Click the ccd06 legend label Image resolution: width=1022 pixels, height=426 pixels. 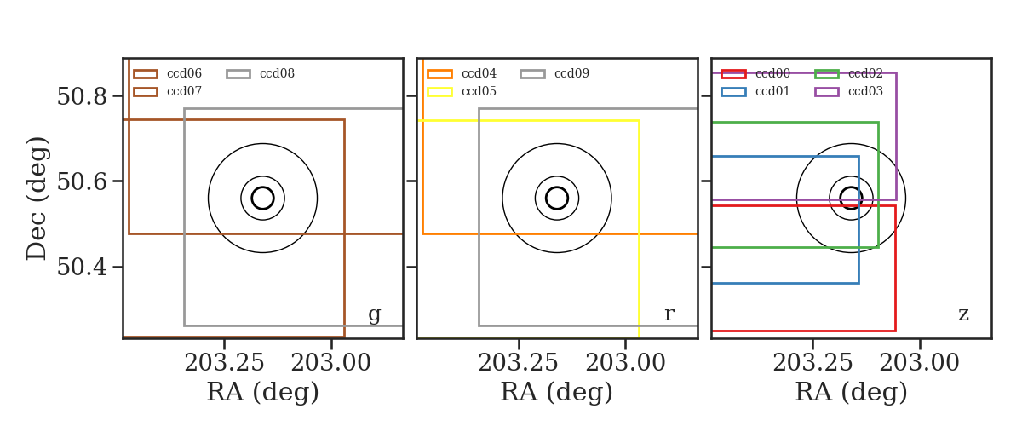pos(184,73)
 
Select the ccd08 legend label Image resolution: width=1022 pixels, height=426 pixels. pos(277,73)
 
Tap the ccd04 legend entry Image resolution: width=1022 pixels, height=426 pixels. pos(462,73)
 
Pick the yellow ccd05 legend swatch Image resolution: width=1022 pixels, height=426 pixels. pos(439,92)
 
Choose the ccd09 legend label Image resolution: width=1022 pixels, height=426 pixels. pos(571,73)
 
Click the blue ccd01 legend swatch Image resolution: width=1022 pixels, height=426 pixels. pos(733,92)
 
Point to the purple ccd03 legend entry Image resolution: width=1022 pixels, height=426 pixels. pos(848,91)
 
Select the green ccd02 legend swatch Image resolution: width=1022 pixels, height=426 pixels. pos(827,74)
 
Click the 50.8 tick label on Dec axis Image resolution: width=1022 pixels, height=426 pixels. pos(82,96)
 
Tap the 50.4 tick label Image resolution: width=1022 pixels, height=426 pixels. pos(82,267)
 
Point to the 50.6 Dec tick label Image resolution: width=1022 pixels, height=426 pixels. pos(82,181)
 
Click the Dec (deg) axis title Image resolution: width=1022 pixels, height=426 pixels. pos(37,199)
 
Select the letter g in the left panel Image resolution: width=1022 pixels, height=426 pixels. pos(374,314)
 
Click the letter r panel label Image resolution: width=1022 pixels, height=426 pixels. pos(669,314)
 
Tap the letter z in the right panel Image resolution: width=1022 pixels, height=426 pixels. pos(963,314)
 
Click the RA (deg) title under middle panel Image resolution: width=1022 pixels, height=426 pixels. pos(557,392)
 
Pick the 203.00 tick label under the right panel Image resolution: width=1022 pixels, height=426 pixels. pos(919,363)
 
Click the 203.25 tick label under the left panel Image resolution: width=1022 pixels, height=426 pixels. pos(224,363)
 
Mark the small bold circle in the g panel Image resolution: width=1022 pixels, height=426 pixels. pos(263,187)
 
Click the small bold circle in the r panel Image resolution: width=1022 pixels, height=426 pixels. pos(557,187)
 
